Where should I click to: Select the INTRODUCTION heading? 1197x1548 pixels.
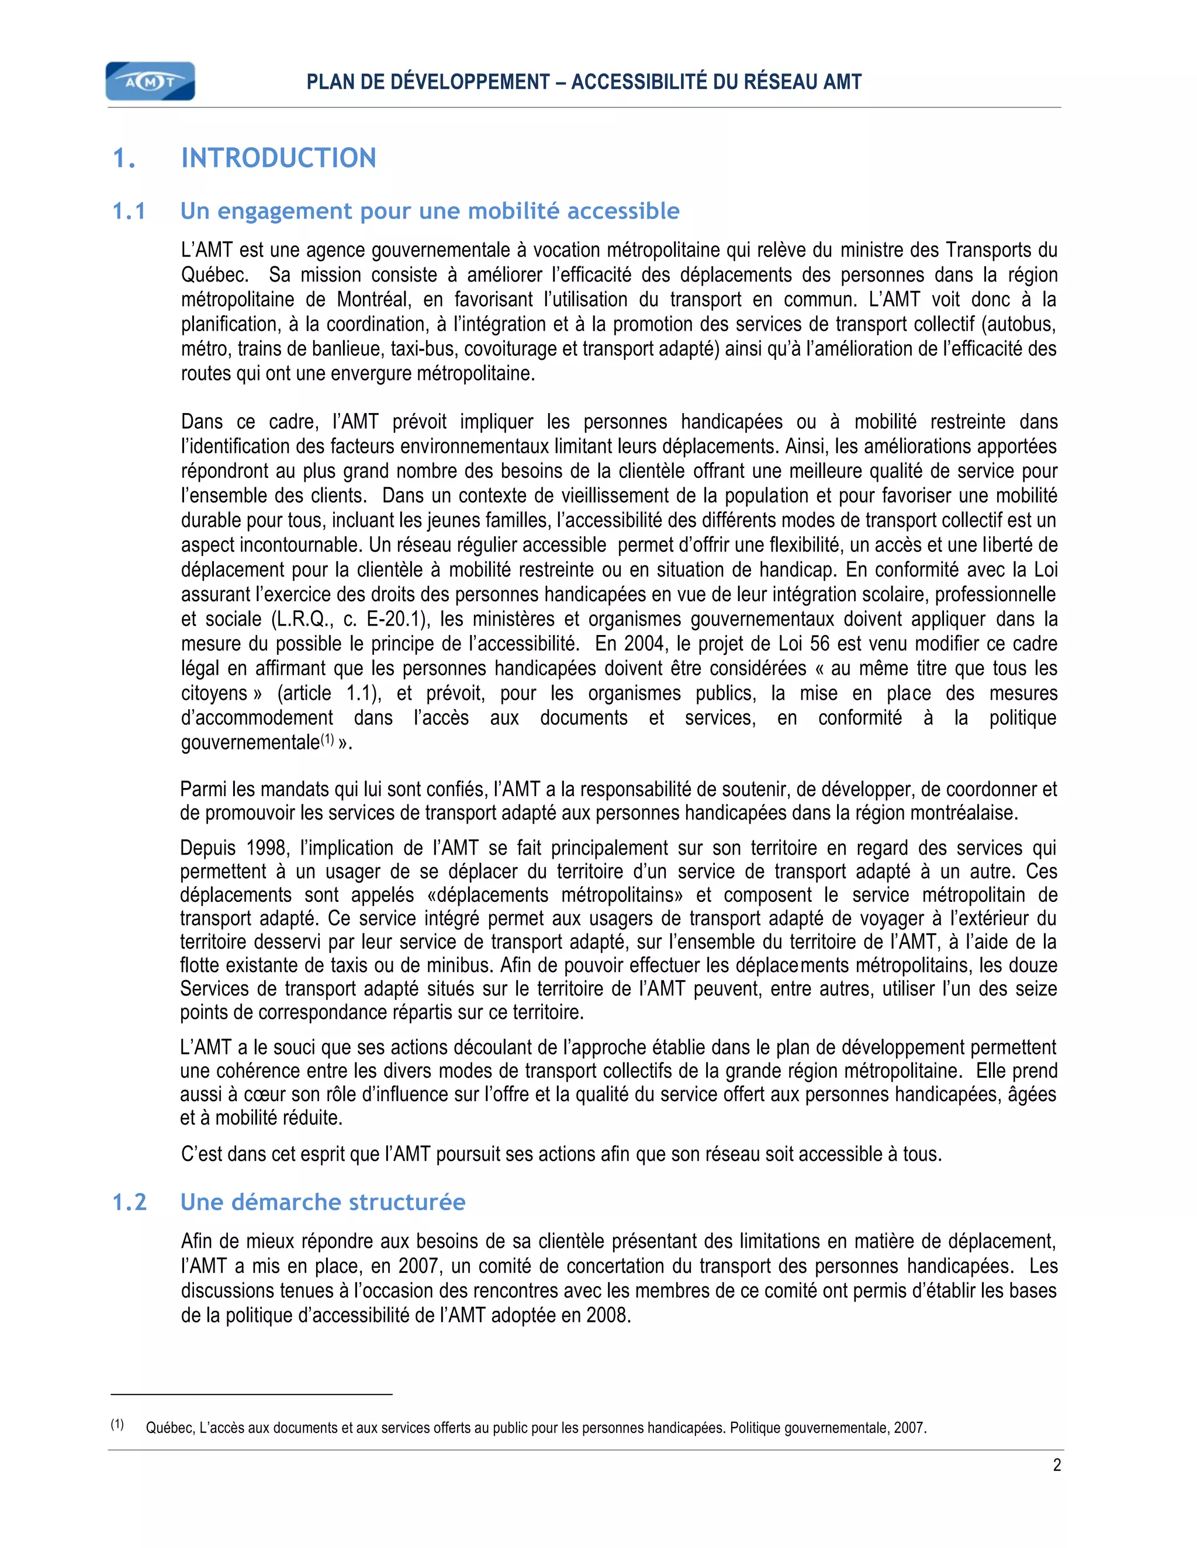279,158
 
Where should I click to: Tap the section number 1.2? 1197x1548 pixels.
130,1202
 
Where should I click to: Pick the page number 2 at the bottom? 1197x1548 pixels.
1057,1465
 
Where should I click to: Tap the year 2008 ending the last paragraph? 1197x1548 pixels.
608,1316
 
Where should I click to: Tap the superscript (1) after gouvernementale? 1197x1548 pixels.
327,740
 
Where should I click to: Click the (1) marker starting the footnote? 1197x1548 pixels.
117,1425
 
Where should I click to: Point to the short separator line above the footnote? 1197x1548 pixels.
252,1395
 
